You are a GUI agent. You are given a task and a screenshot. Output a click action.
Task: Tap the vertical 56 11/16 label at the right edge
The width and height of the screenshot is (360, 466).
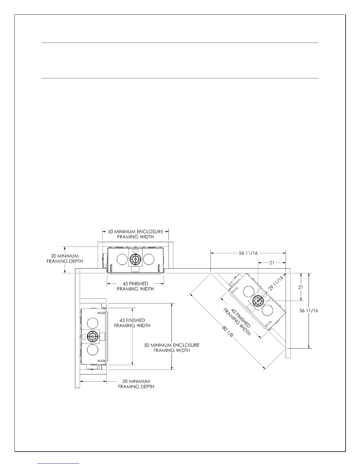click(x=309, y=311)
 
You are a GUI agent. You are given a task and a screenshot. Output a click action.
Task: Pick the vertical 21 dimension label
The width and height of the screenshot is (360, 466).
click(x=301, y=287)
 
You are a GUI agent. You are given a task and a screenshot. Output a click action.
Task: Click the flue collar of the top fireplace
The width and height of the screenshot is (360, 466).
click(x=135, y=259)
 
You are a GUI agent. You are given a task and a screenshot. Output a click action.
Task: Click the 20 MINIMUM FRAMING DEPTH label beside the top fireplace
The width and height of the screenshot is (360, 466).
click(x=65, y=259)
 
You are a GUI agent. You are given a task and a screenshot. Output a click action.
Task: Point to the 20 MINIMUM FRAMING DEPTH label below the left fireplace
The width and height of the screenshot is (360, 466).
click(x=136, y=384)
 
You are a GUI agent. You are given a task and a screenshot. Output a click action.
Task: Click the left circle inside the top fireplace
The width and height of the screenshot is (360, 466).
click(x=122, y=259)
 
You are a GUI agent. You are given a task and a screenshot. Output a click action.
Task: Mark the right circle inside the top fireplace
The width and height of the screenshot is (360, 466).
click(x=149, y=259)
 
